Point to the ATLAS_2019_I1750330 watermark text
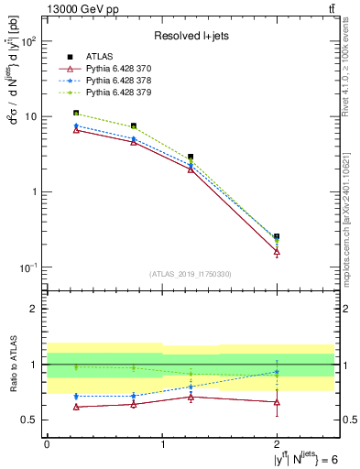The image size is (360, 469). click(x=191, y=274)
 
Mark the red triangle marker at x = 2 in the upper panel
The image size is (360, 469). click(x=277, y=252)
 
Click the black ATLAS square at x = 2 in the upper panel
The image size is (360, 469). click(x=277, y=236)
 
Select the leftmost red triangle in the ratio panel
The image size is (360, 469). click(x=75, y=407)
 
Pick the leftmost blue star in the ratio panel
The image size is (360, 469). click(x=75, y=397)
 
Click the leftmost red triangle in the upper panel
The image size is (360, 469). click(x=75, y=130)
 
